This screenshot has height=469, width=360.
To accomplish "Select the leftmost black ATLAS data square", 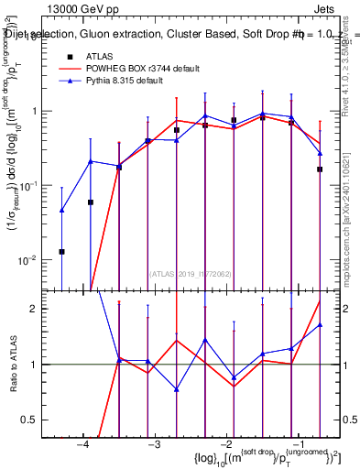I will (x=61, y=251).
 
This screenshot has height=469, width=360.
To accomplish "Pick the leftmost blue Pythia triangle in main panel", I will (x=61, y=210).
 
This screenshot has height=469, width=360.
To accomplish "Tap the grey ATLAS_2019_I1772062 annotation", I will (x=191, y=273).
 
